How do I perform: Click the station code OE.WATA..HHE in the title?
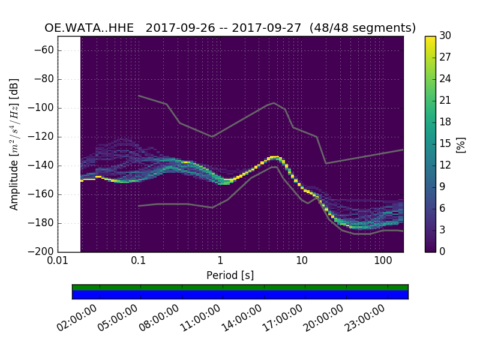[x=92, y=28]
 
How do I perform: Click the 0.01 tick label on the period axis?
[x=58, y=262]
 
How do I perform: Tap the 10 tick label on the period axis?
[x=301, y=262]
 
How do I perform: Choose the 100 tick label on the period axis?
[x=383, y=262]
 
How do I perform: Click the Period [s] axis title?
[x=230, y=275]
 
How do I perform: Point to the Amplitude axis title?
[x=14, y=144]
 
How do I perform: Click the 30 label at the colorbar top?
[x=446, y=36]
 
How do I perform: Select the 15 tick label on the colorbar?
[x=446, y=143]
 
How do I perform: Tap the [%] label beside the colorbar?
[x=461, y=144]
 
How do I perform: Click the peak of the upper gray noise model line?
[x=274, y=103]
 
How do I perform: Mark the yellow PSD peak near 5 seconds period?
[x=274, y=157]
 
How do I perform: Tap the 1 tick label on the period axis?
[x=220, y=262]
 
